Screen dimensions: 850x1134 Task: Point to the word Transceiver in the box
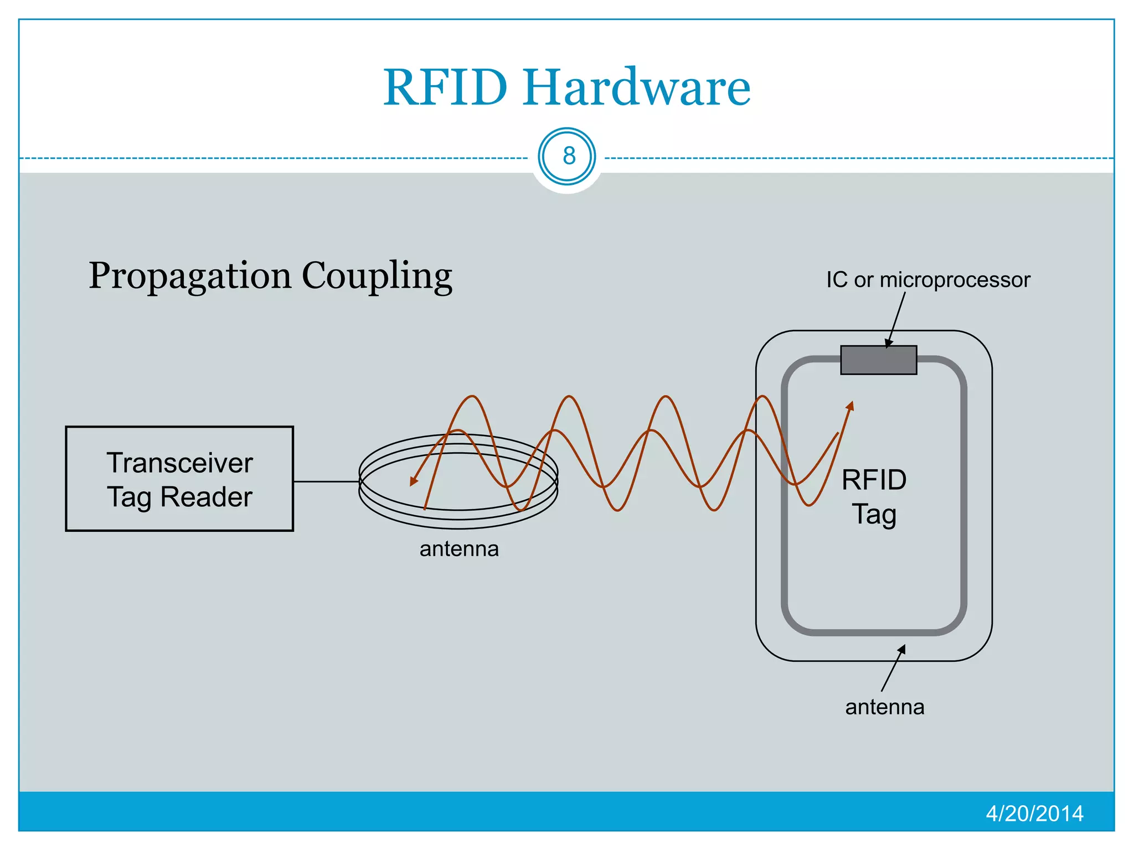179,463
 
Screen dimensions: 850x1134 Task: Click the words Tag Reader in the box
179,497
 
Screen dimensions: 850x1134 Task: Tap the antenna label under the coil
459,549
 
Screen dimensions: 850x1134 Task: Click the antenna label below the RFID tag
884,707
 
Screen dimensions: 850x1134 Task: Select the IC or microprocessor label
928,280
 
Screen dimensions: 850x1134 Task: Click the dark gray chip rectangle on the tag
878,360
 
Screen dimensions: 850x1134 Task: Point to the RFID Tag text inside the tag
874,497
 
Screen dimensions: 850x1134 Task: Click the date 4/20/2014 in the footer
1034,813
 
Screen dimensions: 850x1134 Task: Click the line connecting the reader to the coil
326,481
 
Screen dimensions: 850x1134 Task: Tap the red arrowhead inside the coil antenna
413,481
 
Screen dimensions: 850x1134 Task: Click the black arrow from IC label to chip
896,320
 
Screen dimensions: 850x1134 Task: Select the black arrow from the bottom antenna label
893,668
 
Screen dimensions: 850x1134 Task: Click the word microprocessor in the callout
955,280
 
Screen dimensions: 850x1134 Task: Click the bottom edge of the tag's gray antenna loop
874,632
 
